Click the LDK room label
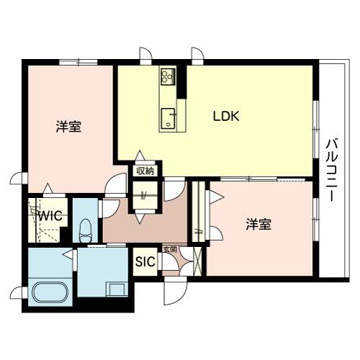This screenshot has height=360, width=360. coord(226,116)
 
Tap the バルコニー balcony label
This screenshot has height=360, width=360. coord(332,170)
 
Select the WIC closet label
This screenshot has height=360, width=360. coord(50,215)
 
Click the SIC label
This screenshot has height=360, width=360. coord(145,261)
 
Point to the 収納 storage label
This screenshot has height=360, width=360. coord(145,171)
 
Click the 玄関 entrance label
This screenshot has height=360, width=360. coord(170,249)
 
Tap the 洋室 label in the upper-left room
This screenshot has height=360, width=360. coord(68,127)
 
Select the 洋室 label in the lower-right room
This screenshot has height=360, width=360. coord(258,225)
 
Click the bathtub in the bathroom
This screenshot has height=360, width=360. coord(50,292)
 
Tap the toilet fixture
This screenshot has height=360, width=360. coord(86,230)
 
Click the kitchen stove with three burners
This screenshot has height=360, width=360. coord(168,76)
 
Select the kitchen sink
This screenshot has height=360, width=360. coord(168,119)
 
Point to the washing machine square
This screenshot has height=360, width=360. coord(117,289)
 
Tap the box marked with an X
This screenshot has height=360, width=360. coord(198,261)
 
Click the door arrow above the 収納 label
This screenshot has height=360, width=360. coord(140,155)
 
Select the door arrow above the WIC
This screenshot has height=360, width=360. coord(48,188)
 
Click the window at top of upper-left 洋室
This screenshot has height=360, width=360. coord(78,62)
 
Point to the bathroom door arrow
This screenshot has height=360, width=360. coord(68,254)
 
